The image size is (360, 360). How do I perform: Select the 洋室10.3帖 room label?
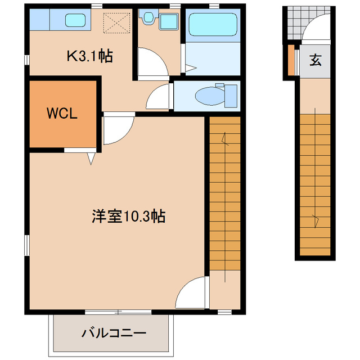pos(128,217)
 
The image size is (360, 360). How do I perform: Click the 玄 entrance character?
pos(316,60)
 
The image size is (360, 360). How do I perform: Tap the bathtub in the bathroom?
pos(212,25)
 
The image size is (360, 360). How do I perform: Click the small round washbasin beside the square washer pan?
pos(148,19)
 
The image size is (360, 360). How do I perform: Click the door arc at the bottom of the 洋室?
pos(191,292)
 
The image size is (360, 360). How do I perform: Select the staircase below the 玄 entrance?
pos(315,186)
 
